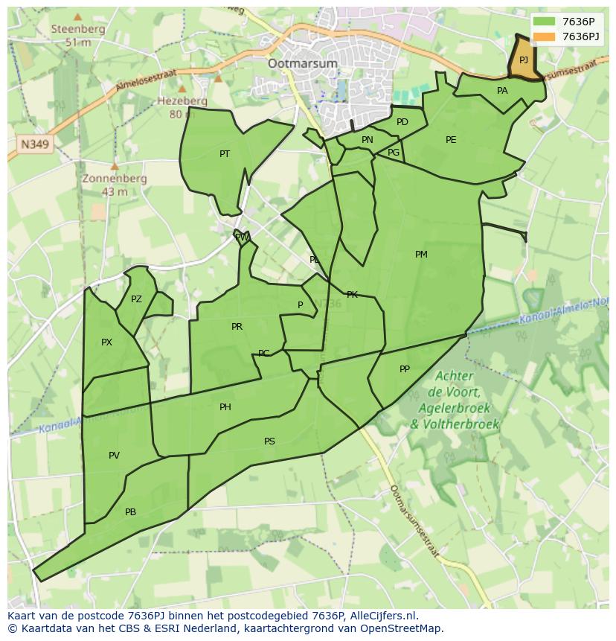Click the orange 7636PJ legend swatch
[545, 36]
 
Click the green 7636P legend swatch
[545, 22]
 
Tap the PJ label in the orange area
[524, 60]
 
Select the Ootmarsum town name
[304, 63]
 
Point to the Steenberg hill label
[78, 29]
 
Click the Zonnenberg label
[115, 179]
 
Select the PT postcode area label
[225, 154]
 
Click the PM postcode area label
[421, 255]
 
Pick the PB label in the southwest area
[131, 512]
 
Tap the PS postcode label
[269, 441]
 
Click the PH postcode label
[225, 407]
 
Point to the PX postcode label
[106, 342]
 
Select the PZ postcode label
[136, 299]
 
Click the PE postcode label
[451, 140]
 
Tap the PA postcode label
[502, 91]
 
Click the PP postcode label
[405, 369]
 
